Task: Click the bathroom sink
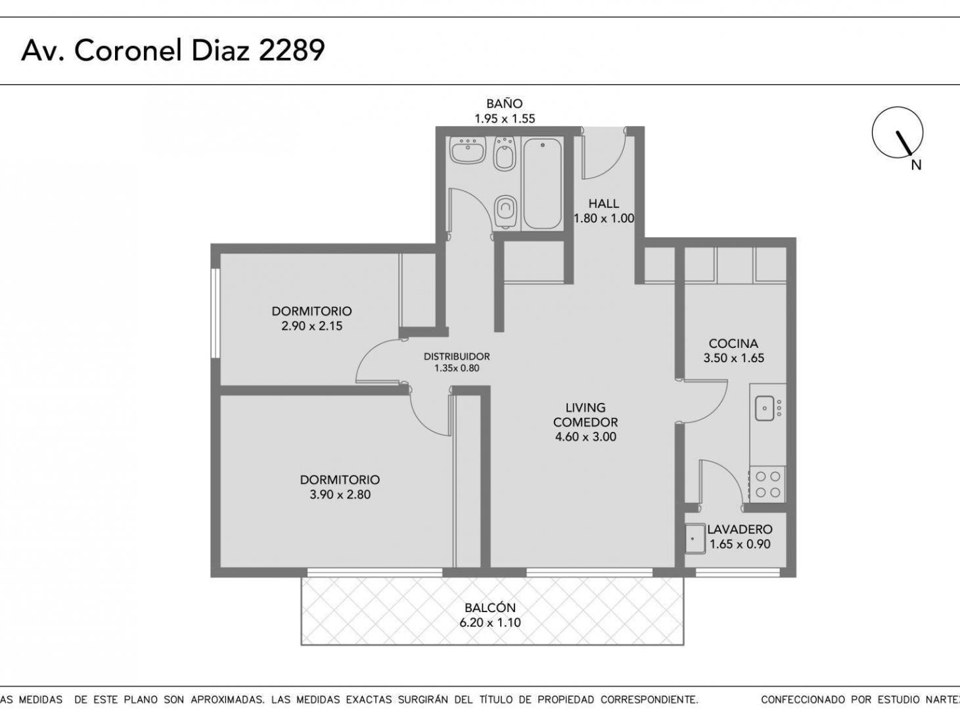(x=469, y=150)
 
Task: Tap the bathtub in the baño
(x=542, y=183)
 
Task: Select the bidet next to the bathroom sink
(x=505, y=153)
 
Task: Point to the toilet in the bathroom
(x=505, y=212)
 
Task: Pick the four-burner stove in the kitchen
(x=767, y=485)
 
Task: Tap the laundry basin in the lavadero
(x=695, y=539)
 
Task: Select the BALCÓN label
(x=490, y=607)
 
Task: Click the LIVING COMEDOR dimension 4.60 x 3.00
(x=585, y=437)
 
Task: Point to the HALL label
(x=604, y=203)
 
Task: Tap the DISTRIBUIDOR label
(x=457, y=356)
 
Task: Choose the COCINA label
(x=733, y=344)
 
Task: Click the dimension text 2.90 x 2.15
(x=311, y=326)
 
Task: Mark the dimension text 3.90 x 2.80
(x=340, y=494)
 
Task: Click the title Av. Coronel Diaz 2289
(x=173, y=50)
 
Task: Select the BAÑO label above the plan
(x=505, y=103)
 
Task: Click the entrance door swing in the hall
(x=604, y=153)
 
